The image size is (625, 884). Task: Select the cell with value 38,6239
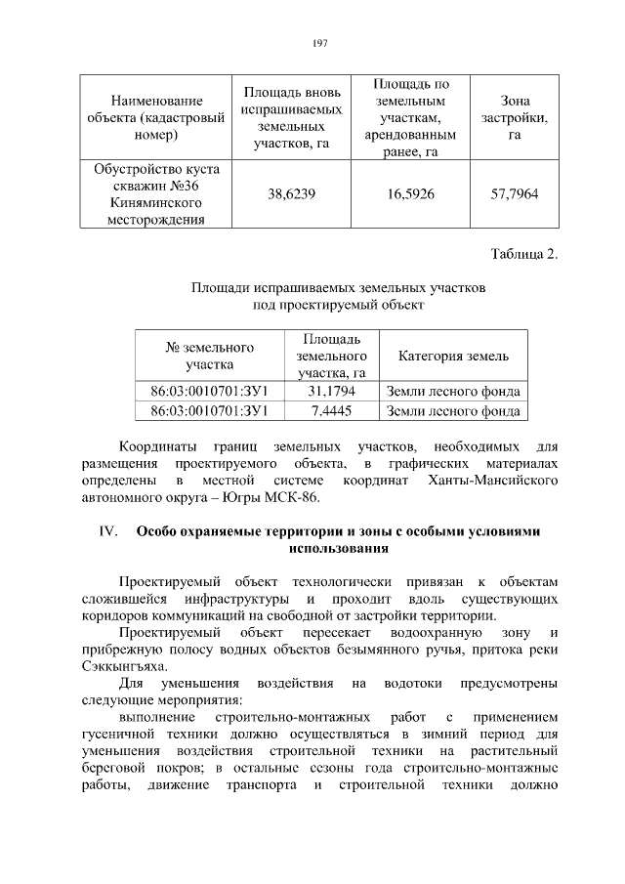coord(291,194)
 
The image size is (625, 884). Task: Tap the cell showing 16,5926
coord(410,194)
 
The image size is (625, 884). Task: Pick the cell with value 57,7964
coord(514,194)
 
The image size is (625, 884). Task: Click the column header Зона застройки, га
coord(514,117)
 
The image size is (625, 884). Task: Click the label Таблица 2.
coord(524,255)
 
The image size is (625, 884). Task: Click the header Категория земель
coord(452,356)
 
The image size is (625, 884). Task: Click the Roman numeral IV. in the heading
coord(104,531)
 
